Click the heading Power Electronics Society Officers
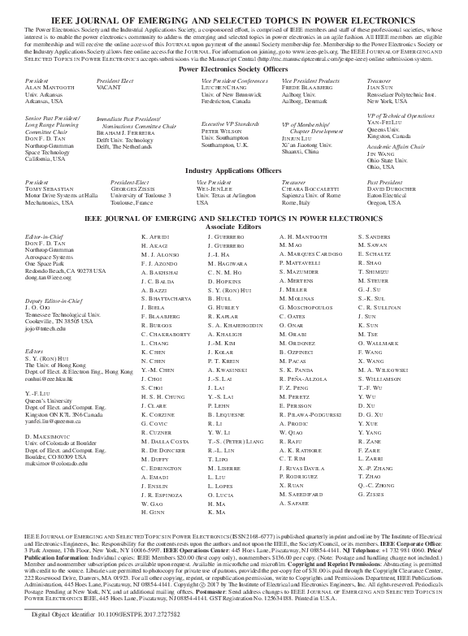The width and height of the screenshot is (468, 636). tap(233, 71)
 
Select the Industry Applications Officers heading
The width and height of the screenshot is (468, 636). tap(233, 171)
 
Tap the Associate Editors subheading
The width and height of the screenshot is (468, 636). tap(233, 227)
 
